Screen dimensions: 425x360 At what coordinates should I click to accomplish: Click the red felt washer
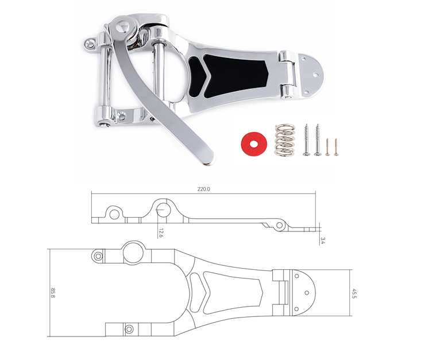[x=254, y=144]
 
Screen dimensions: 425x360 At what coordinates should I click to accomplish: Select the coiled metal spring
[x=285, y=140]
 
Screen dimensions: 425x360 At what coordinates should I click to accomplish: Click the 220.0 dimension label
[x=203, y=189]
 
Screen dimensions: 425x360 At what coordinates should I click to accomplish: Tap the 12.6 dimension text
[x=160, y=233]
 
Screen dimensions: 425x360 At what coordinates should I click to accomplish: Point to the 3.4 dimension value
[x=323, y=241]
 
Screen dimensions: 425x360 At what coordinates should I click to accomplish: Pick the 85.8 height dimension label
[x=53, y=293]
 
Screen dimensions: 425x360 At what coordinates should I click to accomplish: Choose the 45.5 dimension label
[x=354, y=293]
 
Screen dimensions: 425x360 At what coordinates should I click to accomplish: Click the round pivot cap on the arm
[x=123, y=27]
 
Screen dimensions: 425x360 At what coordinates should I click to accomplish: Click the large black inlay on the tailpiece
[x=235, y=75]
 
